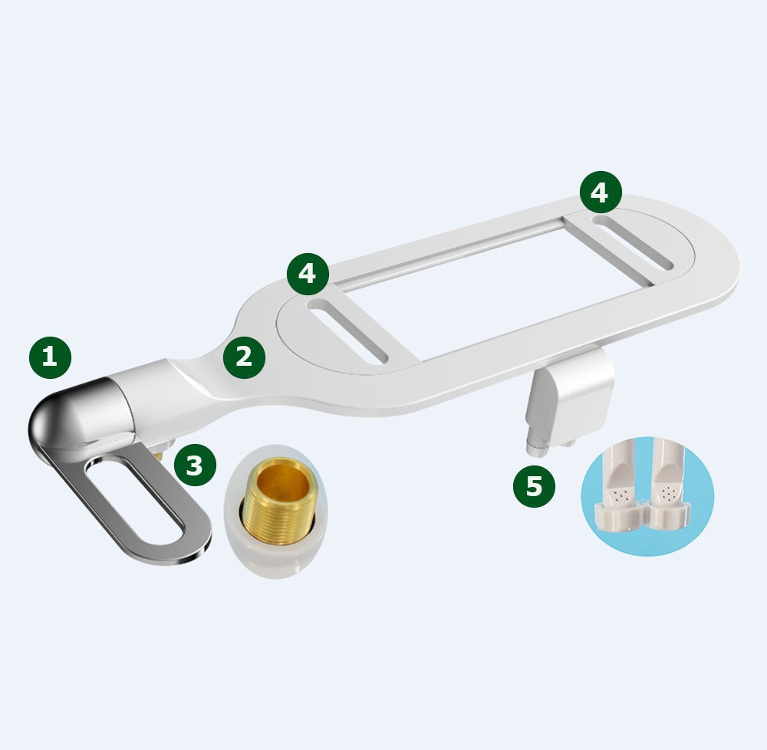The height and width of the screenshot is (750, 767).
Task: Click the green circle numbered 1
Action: [51, 357]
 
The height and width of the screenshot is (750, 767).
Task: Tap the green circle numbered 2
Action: [244, 357]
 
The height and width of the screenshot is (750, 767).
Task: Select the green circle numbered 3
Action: [195, 465]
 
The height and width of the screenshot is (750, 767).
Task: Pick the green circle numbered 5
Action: [534, 486]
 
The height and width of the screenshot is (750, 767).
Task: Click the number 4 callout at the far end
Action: [601, 192]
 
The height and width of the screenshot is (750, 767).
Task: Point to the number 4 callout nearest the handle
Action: [308, 274]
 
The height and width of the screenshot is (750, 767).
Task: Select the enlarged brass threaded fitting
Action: [277, 501]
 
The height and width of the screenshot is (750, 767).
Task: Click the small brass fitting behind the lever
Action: [158, 456]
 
